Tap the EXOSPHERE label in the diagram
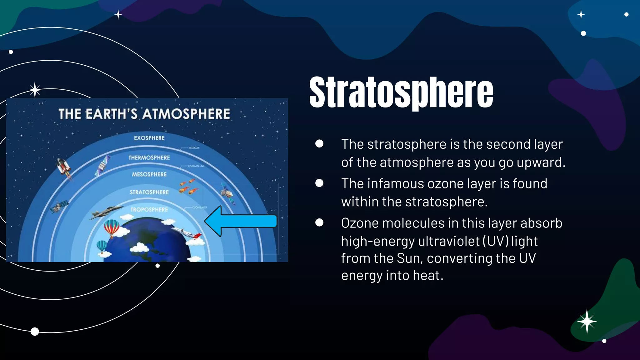[x=149, y=138]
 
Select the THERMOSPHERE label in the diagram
[x=149, y=158]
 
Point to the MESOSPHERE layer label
[x=149, y=174]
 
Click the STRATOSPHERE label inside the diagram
[x=149, y=192]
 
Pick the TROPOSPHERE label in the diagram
[x=149, y=210]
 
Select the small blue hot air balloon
[x=102, y=246]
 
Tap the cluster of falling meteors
[x=188, y=187]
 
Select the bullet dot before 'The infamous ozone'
[x=319, y=183]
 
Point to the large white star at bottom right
[x=587, y=321]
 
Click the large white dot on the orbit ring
[x=35, y=332]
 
